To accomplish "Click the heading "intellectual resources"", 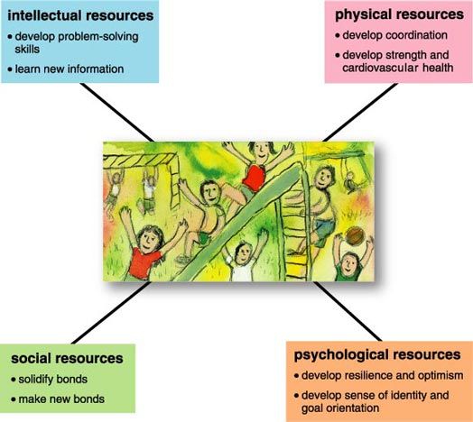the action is (80, 15).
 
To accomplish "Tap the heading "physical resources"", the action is (399, 14).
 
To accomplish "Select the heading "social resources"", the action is (67, 358).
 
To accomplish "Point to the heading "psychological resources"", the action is (377, 355).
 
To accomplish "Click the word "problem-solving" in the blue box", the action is (98, 37).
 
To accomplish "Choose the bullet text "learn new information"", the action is (70, 69).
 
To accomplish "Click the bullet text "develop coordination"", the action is (394, 35).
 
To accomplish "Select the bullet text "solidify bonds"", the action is (52, 380).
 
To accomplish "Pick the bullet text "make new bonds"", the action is (61, 399).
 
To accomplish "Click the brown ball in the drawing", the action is (355, 235).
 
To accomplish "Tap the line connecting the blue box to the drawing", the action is (117, 112).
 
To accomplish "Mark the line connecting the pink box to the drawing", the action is (360, 112).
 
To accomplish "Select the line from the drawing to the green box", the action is (111, 313).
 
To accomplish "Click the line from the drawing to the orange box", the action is (348, 311).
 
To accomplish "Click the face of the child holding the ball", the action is (350, 262).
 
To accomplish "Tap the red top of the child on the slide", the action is (254, 178).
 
